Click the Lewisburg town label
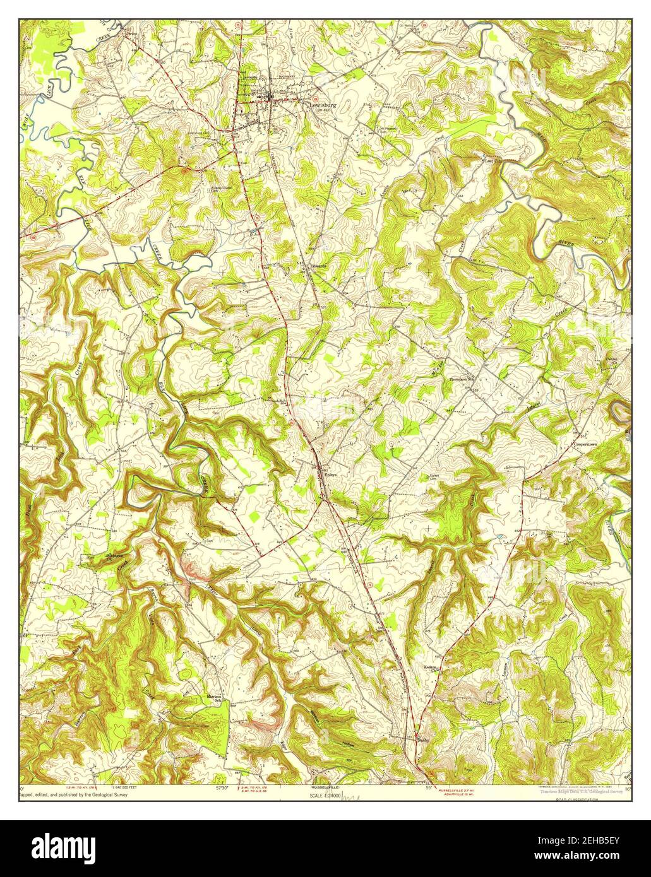click(x=323, y=105)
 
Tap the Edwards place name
click(x=318, y=266)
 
